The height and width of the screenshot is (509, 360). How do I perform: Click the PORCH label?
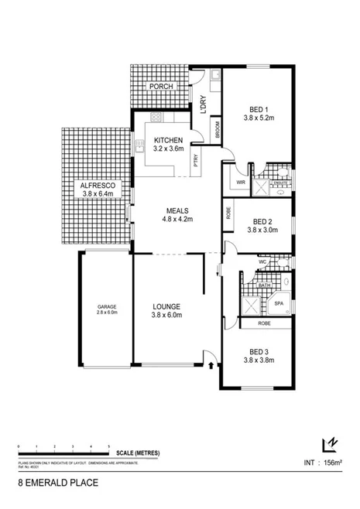[x=161, y=87]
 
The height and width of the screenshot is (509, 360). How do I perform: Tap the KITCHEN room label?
[x=168, y=139]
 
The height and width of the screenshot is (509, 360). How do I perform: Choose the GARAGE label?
[x=107, y=306]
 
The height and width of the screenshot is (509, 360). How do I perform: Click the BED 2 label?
[x=261, y=220]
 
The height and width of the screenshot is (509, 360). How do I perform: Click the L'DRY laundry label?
[x=202, y=103]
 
